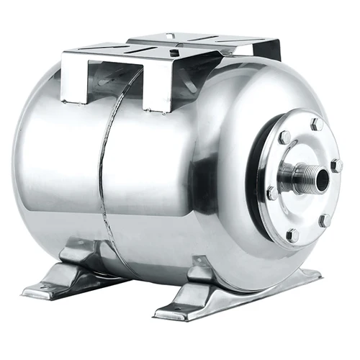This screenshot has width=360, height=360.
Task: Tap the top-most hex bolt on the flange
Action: point(316,125)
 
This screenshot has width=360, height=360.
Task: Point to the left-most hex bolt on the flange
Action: point(272,193)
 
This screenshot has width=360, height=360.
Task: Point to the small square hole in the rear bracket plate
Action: point(171,36)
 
